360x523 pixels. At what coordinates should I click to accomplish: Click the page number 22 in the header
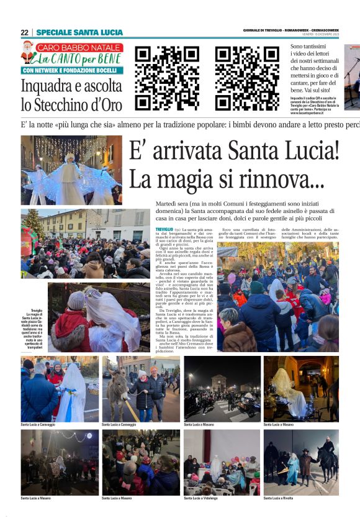click(x=24, y=32)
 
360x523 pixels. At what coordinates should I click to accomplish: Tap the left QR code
click(x=159, y=70)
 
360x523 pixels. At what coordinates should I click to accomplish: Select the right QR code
click(x=238, y=70)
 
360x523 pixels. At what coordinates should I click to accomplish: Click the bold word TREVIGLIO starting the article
click(x=165, y=230)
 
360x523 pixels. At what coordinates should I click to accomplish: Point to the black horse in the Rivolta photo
click(x=326, y=461)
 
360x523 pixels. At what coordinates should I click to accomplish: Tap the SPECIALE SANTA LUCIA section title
click(x=79, y=32)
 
